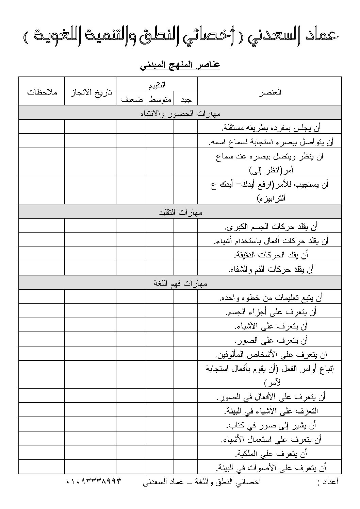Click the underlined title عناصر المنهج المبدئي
(x=180, y=65)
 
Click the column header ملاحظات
(x=42, y=92)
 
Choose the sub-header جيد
(x=186, y=99)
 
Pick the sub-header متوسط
(x=160, y=99)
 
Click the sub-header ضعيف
(x=131, y=99)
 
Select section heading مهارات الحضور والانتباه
(x=180, y=113)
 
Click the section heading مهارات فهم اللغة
(x=180, y=283)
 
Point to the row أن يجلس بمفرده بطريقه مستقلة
(x=271, y=128)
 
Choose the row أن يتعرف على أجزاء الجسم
(x=271, y=311)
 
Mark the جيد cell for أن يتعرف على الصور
(x=186, y=340)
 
